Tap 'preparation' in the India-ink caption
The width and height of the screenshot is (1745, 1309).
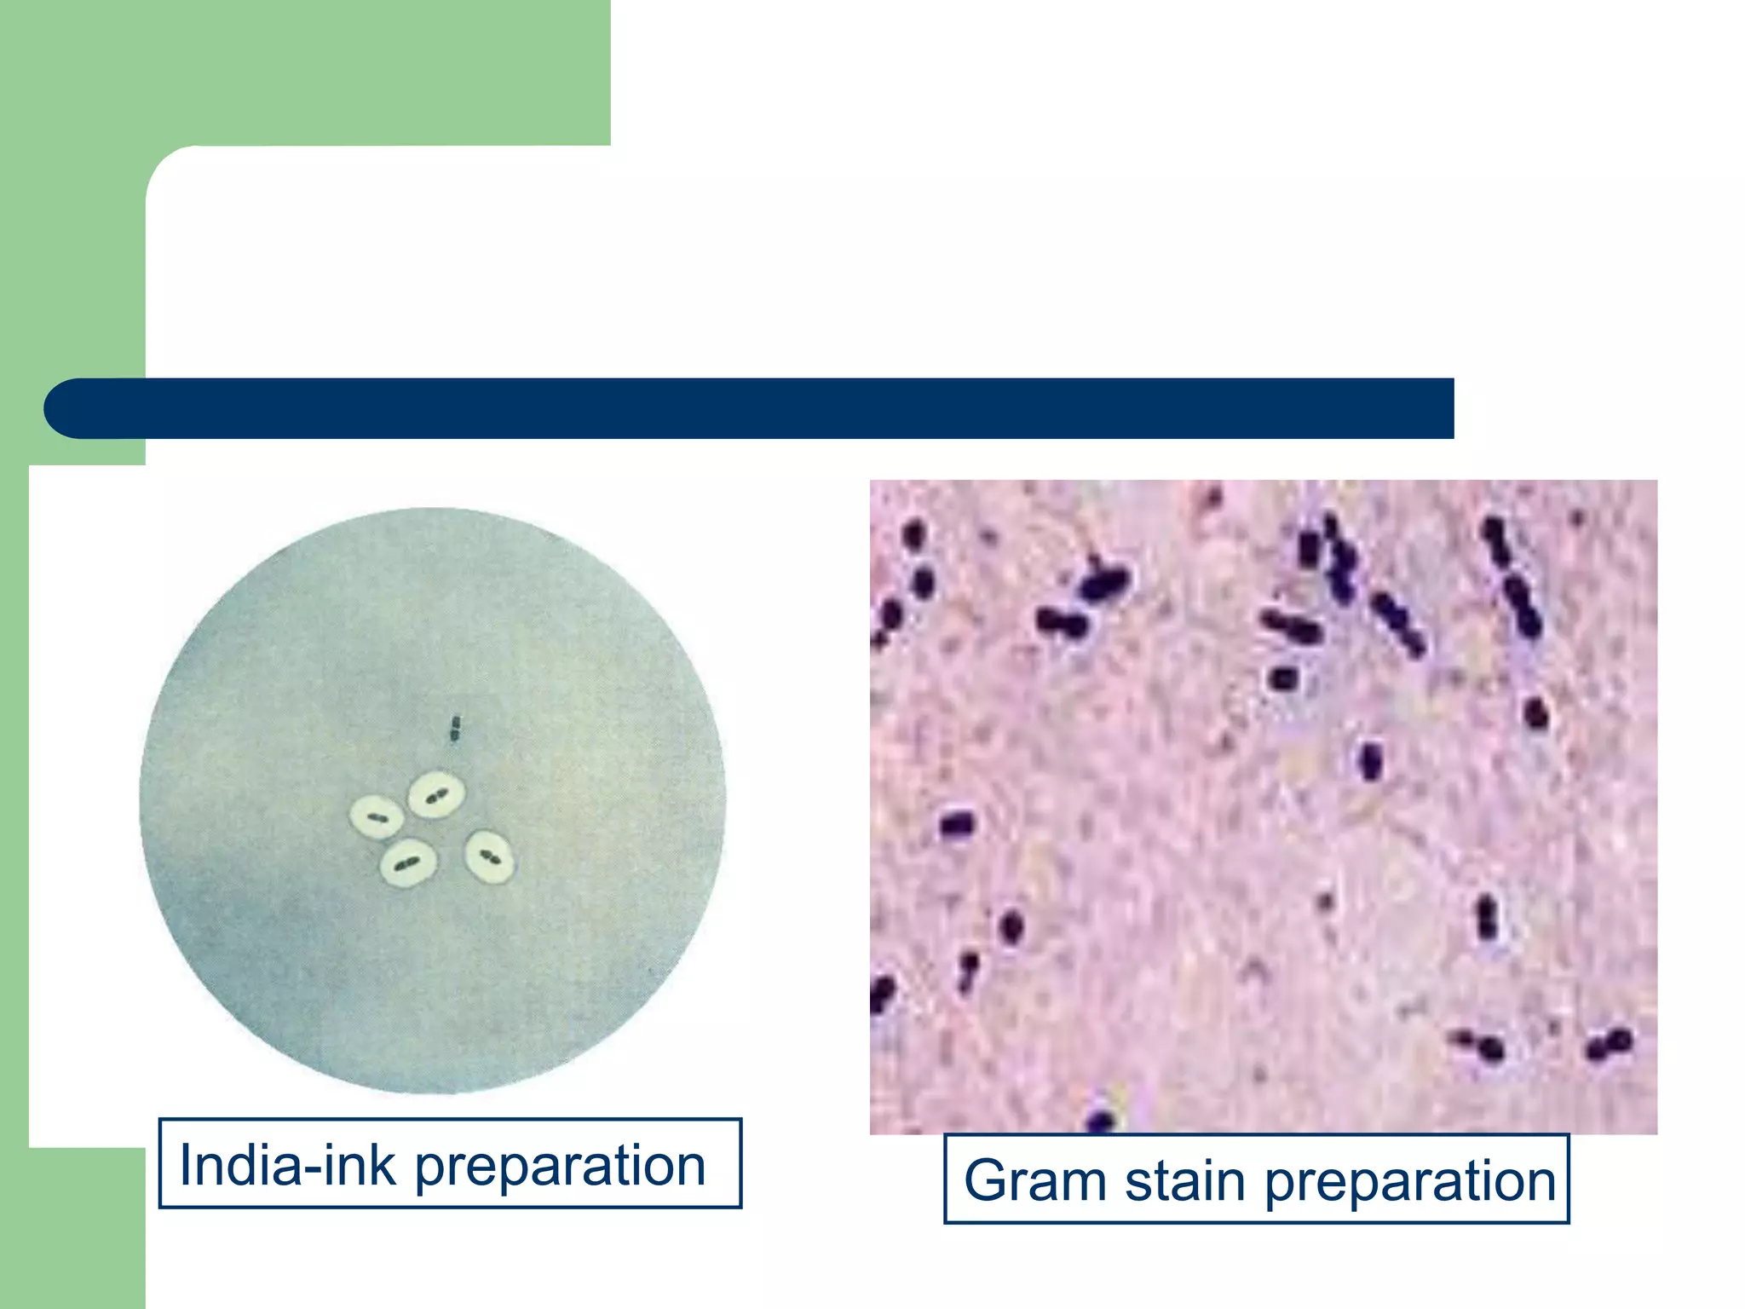coord(560,1167)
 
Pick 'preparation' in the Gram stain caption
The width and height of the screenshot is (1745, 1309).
coord(1409,1182)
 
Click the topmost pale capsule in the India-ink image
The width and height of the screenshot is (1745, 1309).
coord(436,794)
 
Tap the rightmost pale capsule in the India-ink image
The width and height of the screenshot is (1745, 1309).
coord(489,856)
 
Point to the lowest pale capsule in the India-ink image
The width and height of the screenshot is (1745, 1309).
coord(408,862)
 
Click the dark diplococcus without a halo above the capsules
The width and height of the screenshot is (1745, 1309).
coord(455,729)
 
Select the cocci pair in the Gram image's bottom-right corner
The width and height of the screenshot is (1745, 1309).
coord(1609,1044)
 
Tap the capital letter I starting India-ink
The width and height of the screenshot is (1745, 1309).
coord(185,1165)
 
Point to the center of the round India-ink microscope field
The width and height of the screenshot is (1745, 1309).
coord(433,801)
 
